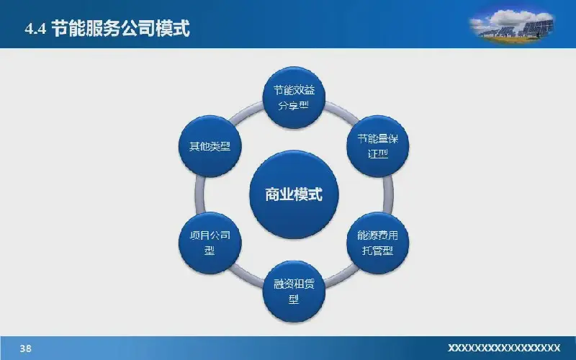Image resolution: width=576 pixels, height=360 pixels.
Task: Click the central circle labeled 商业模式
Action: (294, 194)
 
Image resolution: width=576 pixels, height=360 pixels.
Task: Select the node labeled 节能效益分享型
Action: (294, 97)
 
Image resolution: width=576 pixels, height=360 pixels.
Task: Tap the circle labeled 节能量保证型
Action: (377, 146)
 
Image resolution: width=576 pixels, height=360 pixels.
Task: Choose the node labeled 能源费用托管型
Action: (377, 243)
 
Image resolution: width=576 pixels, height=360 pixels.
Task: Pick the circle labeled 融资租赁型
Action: (294, 292)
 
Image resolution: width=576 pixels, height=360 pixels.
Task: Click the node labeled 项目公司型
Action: (210, 243)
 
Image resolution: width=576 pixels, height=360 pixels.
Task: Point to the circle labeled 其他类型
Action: (210, 146)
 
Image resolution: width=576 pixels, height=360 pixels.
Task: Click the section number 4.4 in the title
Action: (35, 29)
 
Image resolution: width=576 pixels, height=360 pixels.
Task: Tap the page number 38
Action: (25, 348)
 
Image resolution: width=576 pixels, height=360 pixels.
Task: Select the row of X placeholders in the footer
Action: (504, 348)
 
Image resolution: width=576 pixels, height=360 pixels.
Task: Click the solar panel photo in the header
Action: (511, 25)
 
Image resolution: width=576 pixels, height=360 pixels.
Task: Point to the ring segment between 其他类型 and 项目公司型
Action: (199, 194)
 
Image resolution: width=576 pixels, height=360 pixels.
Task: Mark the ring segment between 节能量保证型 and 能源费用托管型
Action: (388, 194)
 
